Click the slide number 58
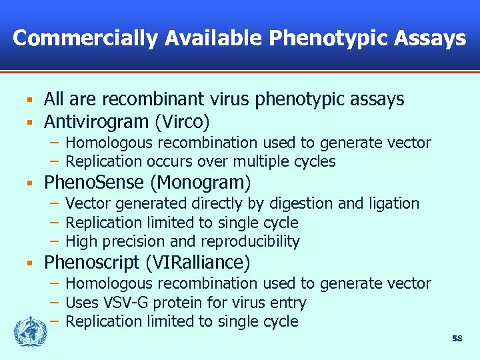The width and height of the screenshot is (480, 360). pos(457,339)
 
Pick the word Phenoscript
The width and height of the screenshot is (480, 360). pos(93,263)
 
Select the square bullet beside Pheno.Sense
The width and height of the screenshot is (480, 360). pos(30,182)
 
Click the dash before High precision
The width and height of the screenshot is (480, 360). pos(56,241)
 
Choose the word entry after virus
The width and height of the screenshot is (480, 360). pos(289,303)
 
